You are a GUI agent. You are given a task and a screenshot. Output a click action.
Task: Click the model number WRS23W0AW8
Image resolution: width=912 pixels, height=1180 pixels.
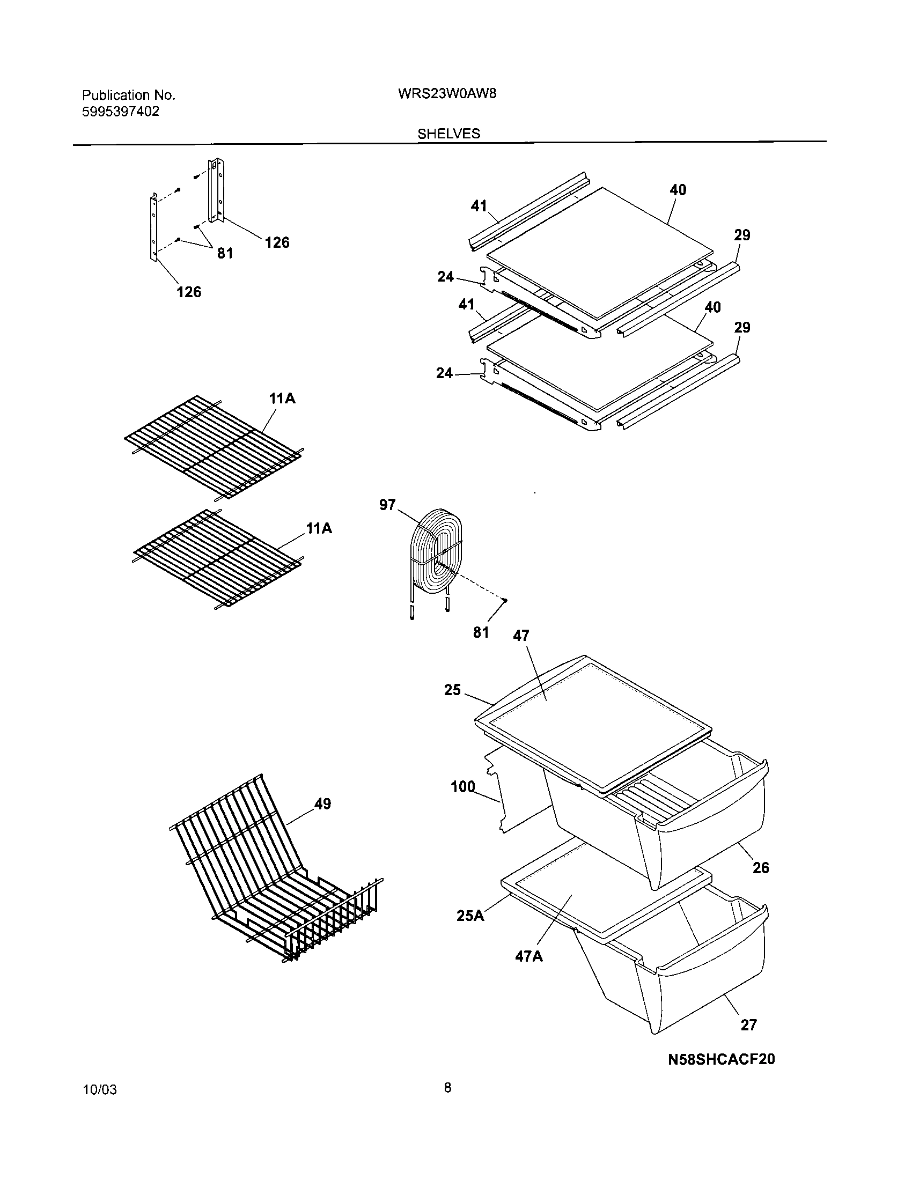tap(447, 93)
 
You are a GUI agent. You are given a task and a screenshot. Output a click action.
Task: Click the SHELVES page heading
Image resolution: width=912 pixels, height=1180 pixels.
tap(448, 134)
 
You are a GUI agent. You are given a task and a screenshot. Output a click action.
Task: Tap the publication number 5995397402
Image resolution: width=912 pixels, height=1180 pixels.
tap(121, 112)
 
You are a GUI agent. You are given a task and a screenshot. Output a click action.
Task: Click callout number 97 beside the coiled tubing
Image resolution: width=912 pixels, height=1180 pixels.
tap(387, 505)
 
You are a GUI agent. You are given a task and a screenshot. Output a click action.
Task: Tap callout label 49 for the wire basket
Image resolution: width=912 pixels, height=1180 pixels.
tap(322, 804)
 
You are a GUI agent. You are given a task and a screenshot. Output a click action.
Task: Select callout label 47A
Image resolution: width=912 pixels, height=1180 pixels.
tap(528, 956)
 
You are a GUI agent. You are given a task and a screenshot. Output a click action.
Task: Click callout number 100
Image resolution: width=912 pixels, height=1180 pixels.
tap(463, 787)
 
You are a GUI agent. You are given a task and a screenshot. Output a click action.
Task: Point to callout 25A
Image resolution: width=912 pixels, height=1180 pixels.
tap(470, 915)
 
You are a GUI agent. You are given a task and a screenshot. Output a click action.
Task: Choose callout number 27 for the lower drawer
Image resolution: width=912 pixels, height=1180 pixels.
tap(748, 1025)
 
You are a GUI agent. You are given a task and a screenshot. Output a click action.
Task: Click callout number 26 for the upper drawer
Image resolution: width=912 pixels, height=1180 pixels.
tap(760, 868)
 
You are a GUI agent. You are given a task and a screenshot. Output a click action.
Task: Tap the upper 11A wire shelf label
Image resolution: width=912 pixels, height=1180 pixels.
tap(282, 399)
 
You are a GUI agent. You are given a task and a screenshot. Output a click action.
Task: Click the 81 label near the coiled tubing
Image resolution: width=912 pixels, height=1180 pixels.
tap(481, 632)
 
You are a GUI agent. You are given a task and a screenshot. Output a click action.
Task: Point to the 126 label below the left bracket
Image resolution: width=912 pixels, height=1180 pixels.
tap(189, 292)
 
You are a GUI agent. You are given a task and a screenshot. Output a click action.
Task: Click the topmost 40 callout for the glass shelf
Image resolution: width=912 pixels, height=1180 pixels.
tap(678, 190)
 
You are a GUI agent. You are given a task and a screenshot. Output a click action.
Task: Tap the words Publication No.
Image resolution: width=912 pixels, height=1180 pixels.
tap(129, 95)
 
